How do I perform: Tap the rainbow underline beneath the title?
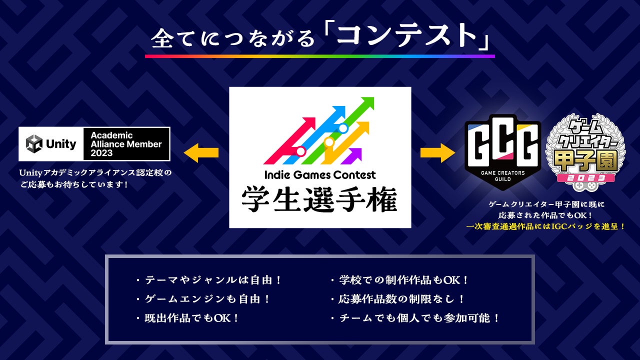pos(320,56)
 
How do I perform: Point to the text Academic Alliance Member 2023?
pos(126,144)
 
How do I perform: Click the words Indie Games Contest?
pos(320,175)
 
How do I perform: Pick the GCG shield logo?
pos(502,152)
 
